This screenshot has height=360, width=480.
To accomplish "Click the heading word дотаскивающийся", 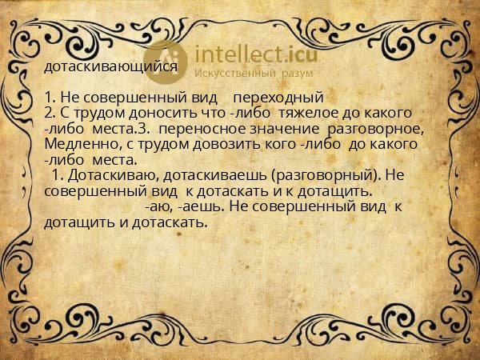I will tap(111, 66).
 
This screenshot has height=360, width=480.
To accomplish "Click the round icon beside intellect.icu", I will tap(167, 61).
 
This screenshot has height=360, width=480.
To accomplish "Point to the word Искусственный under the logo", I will tap(238, 73).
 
